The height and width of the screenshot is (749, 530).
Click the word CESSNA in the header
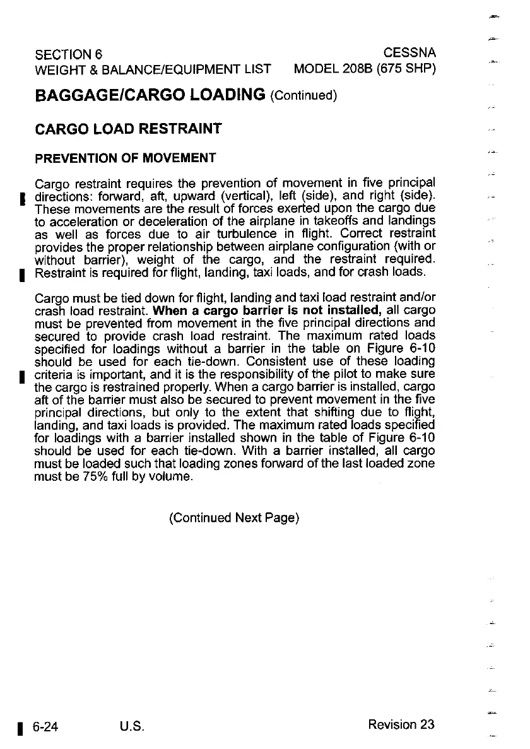click(409, 52)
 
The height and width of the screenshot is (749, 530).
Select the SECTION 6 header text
click(69, 52)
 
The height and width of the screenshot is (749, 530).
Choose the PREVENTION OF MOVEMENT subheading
click(125, 158)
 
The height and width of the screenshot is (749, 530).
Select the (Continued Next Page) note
click(233, 518)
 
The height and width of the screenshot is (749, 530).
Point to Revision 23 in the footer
click(401, 724)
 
